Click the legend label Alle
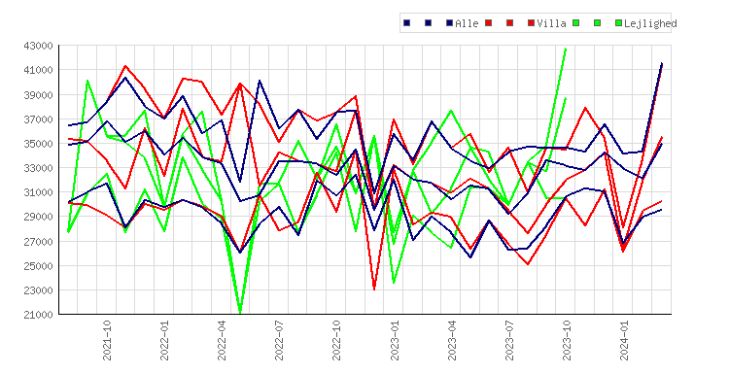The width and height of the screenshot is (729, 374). click(467, 23)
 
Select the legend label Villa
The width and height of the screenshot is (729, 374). click(551, 23)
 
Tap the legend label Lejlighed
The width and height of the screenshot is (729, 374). click(650, 23)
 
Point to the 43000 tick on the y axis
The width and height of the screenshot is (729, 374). click(38, 46)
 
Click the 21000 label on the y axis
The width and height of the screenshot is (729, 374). click(38, 315)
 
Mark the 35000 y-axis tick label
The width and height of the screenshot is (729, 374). click(38, 144)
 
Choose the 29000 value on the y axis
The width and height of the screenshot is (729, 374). click(38, 217)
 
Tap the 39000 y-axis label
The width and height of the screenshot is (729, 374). click(38, 95)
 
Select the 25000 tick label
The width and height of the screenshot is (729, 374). click(38, 266)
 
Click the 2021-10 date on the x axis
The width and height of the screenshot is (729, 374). click(107, 340)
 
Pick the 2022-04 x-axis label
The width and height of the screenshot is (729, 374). click(222, 340)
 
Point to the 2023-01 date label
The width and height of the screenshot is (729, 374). click(395, 340)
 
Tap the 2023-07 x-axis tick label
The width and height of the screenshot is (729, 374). click(509, 340)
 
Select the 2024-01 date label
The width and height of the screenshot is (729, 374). click(624, 340)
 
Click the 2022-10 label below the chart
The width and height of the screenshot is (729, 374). click(336, 340)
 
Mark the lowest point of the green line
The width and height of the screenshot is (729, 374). click(240, 313)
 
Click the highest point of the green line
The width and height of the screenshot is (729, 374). click(566, 48)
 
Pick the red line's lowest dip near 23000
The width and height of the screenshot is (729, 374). click(374, 289)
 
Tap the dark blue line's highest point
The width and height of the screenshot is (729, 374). click(662, 63)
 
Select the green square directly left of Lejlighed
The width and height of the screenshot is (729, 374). click(619, 22)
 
